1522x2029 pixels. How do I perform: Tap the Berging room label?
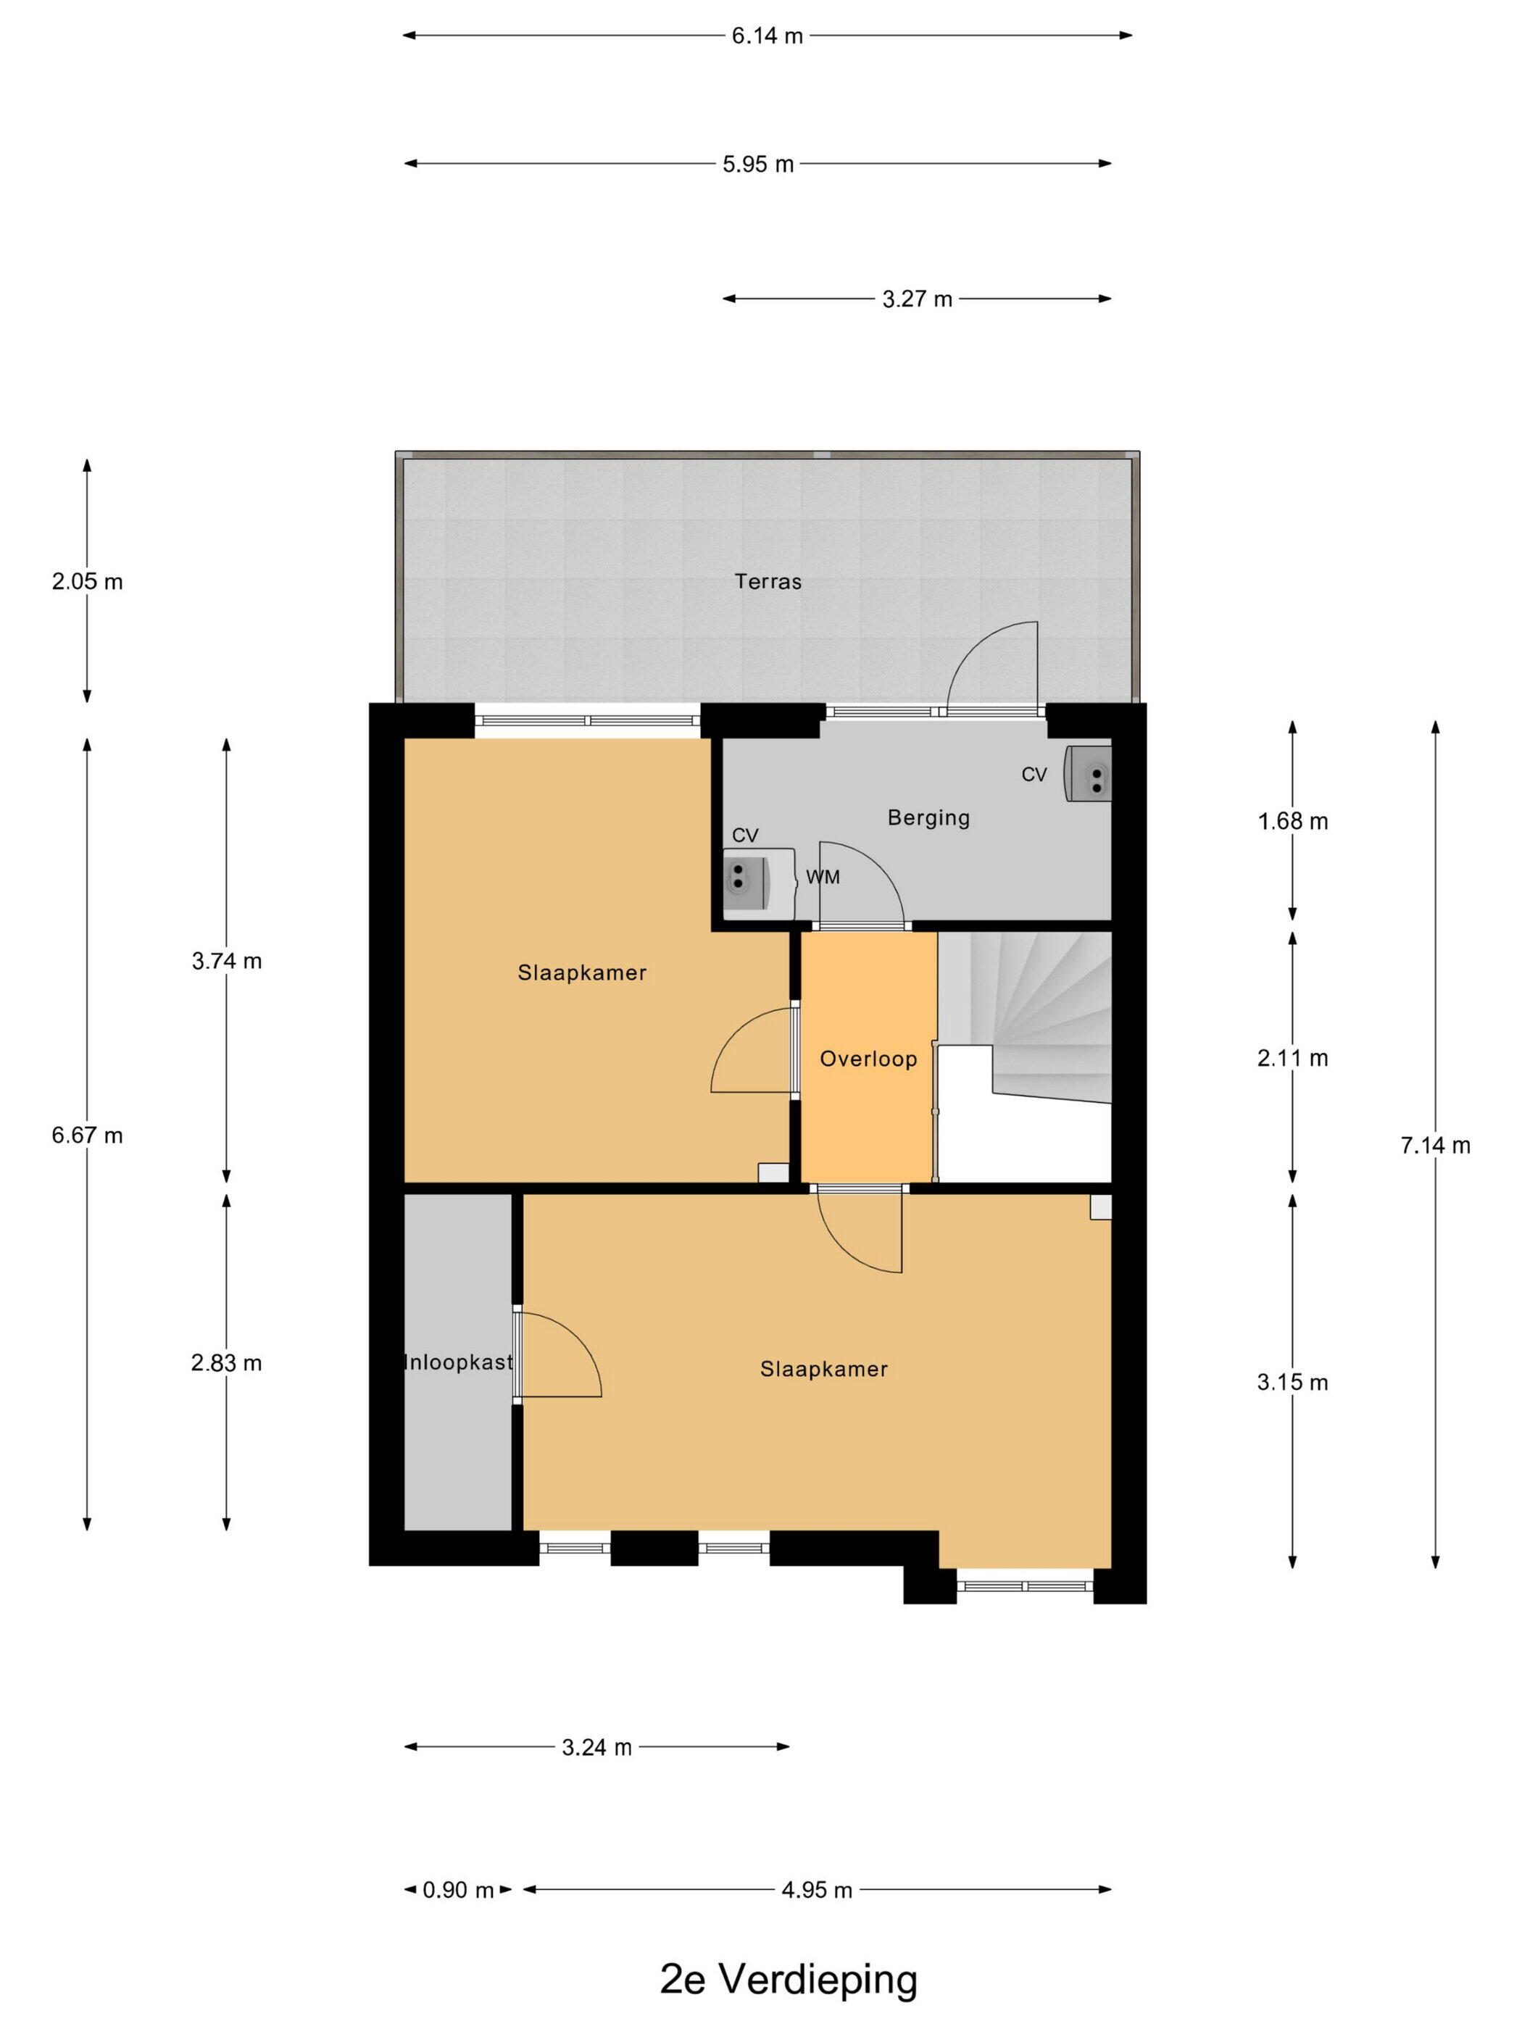point(928,817)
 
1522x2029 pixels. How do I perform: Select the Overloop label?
point(867,1059)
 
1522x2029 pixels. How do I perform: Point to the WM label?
point(822,877)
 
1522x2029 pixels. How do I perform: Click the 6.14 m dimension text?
point(767,36)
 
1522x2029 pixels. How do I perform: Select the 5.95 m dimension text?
point(758,164)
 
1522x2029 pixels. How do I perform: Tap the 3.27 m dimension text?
point(917,299)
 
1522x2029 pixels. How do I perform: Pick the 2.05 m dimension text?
point(87,582)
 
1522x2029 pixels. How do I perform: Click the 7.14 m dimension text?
point(1435,1145)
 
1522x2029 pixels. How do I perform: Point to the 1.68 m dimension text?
point(1292,821)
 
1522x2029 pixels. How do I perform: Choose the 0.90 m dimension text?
point(458,1890)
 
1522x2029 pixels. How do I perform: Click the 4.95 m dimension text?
point(817,1890)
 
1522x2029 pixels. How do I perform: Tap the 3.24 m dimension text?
point(596,1747)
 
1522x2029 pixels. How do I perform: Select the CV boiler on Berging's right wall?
point(1088,773)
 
